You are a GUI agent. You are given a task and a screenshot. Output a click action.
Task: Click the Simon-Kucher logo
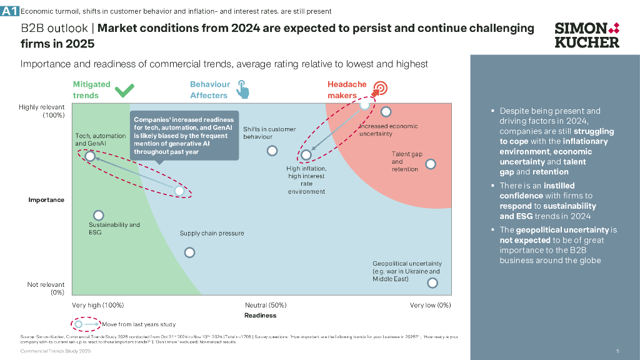point(587,35)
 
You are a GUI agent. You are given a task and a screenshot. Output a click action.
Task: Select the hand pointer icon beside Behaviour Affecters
point(242,89)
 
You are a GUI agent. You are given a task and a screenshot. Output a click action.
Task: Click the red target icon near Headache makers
point(380,88)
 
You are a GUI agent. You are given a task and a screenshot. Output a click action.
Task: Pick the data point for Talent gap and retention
point(430,164)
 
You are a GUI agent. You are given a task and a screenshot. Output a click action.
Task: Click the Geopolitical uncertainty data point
point(432,282)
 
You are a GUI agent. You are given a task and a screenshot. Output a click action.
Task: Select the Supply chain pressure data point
point(189,252)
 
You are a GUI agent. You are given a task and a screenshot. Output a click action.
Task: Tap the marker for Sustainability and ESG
point(98,215)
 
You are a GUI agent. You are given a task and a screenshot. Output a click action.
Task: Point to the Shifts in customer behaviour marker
point(272,151)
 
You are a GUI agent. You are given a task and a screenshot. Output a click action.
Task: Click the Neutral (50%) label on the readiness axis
point(266,305)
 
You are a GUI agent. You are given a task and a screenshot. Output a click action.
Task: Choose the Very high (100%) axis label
point(97,305)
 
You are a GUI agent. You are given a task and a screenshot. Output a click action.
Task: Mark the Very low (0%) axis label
point(430,305)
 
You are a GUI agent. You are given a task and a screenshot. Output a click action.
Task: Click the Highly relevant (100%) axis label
point(44,111)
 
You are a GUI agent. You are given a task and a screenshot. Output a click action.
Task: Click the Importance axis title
point(46,200)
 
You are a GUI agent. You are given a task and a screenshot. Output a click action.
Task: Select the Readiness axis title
point(260,316)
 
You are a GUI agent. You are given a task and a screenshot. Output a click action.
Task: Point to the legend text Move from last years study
point(138,324)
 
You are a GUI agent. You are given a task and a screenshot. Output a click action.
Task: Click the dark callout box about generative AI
point(184,136)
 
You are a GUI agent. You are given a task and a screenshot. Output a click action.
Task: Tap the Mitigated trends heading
point(91,89)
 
